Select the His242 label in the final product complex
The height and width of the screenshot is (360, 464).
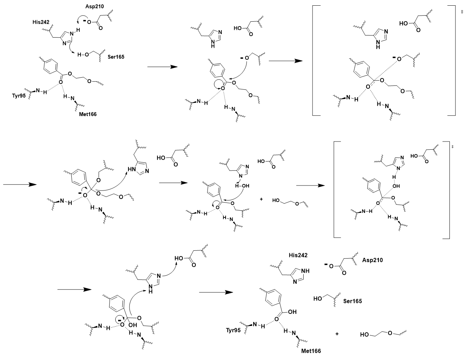coord(298,255)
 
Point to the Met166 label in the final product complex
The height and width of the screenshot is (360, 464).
coord(311,351)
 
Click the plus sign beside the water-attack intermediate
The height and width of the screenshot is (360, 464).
coord(261,199)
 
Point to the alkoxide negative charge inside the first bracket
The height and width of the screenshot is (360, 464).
coord(394,57)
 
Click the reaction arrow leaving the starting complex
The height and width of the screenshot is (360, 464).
coord(162,67)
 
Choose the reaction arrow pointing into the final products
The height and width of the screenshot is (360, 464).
coord(215,292)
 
